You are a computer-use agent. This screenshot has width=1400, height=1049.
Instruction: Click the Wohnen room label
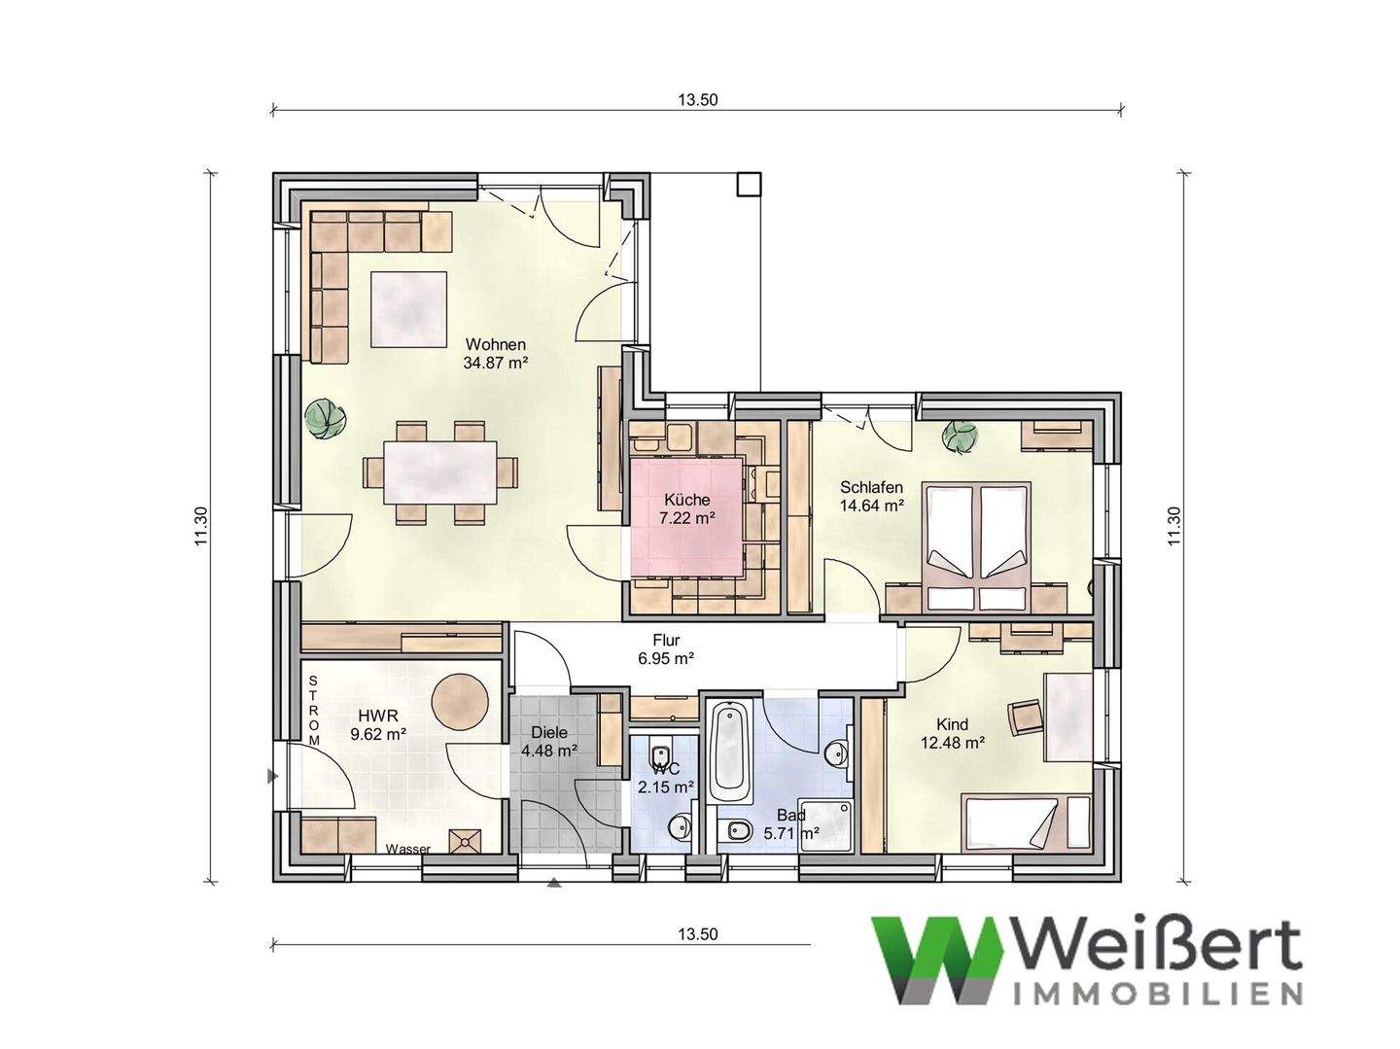point(495,345)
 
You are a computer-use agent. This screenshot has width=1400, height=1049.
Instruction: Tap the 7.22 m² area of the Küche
point(687,518)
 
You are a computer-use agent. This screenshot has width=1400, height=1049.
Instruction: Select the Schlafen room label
point(872,488)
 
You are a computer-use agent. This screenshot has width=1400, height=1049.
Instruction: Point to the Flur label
point(666,641)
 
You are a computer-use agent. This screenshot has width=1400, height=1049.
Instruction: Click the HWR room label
point(374,717)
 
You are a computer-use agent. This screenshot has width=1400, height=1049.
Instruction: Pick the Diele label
point(549,733)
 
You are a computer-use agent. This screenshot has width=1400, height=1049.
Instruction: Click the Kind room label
point(952,724)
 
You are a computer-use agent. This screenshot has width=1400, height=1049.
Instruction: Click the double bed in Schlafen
point(978,545)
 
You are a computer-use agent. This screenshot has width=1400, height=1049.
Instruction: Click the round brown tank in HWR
point(459,700)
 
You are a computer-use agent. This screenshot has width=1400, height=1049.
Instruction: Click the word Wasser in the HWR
point(407,849)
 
